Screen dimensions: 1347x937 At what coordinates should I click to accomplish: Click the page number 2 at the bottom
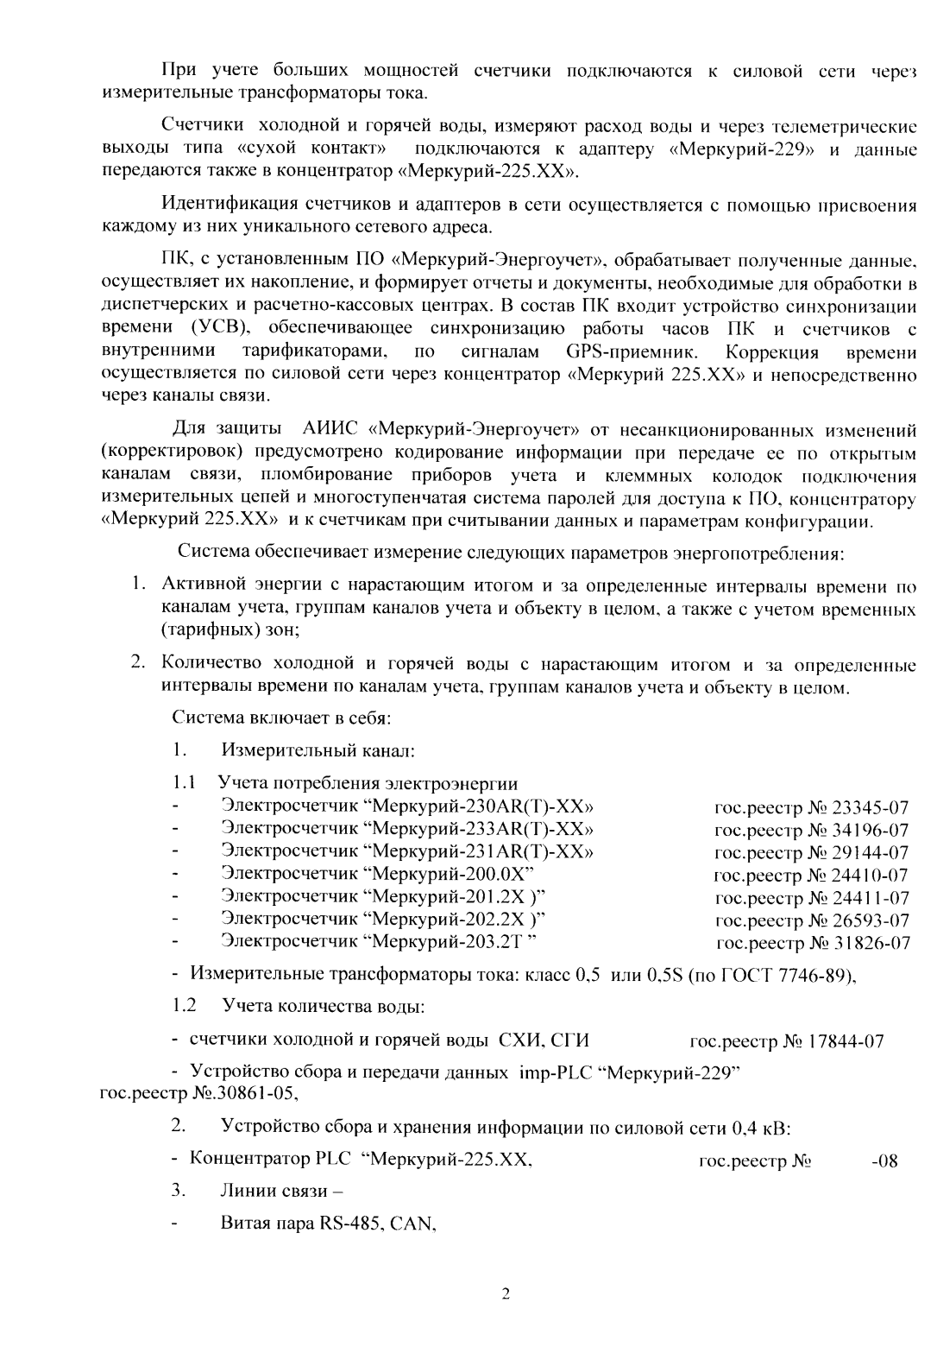point(506,1293)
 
